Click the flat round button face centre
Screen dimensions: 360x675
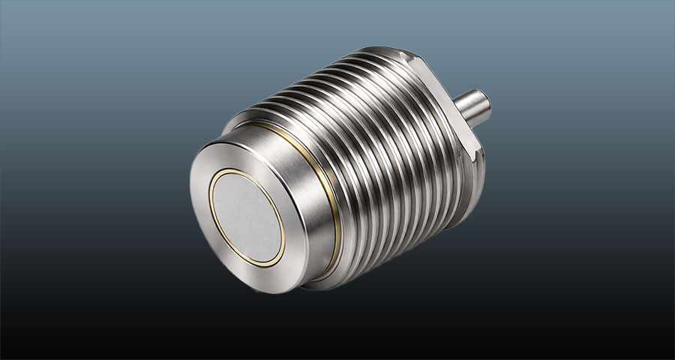(247, 217)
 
